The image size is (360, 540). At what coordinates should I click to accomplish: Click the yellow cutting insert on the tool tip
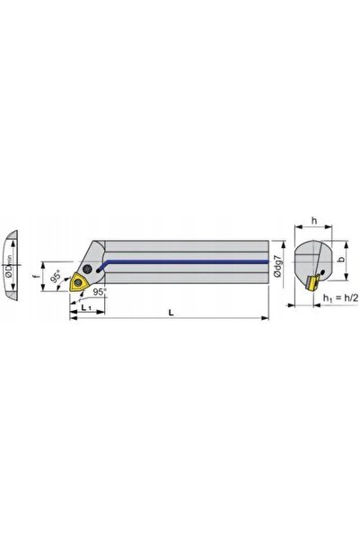[78, 282]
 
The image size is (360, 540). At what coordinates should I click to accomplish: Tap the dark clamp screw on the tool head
[88, 268]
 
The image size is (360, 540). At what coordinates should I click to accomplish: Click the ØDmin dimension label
[8, 266]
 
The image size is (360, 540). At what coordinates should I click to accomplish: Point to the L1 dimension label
[86, 306]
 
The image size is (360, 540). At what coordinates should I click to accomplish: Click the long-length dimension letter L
[171, 313]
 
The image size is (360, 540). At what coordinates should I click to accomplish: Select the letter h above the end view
[314, 221]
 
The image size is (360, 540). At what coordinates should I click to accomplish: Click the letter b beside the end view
[341, 260]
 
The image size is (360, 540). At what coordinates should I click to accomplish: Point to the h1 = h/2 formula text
[341, 298]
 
